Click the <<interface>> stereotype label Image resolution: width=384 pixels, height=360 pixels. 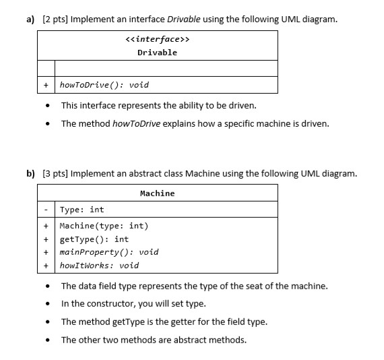[x=157, y=40]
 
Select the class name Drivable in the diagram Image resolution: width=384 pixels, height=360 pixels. [x=157, y=53]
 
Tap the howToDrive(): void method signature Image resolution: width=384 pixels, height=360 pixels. [x=104, y=85]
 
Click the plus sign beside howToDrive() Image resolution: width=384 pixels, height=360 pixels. [x=46, y=85]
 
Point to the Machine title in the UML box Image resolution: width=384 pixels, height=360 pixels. [x=157, y=193]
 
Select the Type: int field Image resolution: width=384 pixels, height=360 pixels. [x=82, y=210]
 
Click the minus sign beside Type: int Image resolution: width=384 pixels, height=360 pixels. [x=46, y=210]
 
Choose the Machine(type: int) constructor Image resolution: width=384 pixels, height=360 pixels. [x=104, y=226]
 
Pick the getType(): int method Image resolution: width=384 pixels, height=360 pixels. [x=94, y=239]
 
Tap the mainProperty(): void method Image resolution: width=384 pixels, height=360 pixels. [x=109, y=252]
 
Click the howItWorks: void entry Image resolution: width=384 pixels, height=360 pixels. [x=99, y=265]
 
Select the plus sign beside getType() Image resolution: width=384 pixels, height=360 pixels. [x=46, y=239]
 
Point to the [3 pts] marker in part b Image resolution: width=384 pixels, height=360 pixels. [x=57, y=173]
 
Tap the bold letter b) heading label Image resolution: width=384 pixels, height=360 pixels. [x=32, y=173]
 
